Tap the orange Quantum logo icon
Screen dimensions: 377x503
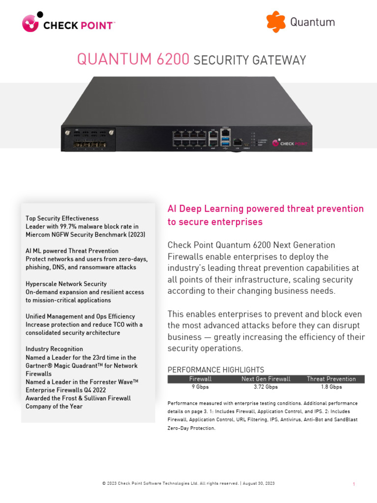click(x=276, y=22)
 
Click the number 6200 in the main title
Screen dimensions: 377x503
click(x=171, y=59)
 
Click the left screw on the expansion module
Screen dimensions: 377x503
click(x=66, y=133)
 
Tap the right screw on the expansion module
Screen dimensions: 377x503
click(x=112, y=133)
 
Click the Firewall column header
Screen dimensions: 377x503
click(x=200, y=379)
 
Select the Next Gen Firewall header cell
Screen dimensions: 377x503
click(x=266, y=379)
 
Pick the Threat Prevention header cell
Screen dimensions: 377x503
click(x=331, y=379)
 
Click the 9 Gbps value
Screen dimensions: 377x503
click(x=200, y=387)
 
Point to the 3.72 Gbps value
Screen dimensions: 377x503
click(x=266, y=387)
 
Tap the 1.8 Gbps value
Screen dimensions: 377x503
click(x=331, y=387)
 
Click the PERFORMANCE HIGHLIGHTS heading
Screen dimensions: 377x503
click(x=216, y=369)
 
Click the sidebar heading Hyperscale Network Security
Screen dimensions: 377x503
click(x=66, y=284)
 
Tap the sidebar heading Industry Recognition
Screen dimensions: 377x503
click(x=54, y=349)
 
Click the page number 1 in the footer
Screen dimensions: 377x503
click(x=353, y=484)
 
